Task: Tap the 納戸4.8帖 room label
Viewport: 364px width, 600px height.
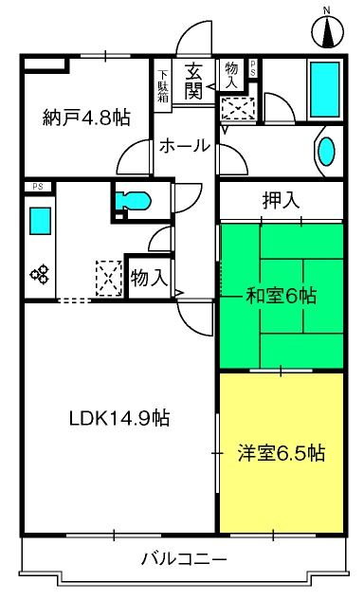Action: pyautogui.click(x=86, y=118)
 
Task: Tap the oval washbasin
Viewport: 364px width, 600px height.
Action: pyautogui.click(x=325, y=152)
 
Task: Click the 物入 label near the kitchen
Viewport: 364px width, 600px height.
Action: pyautogui.click(x=149, y=278)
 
